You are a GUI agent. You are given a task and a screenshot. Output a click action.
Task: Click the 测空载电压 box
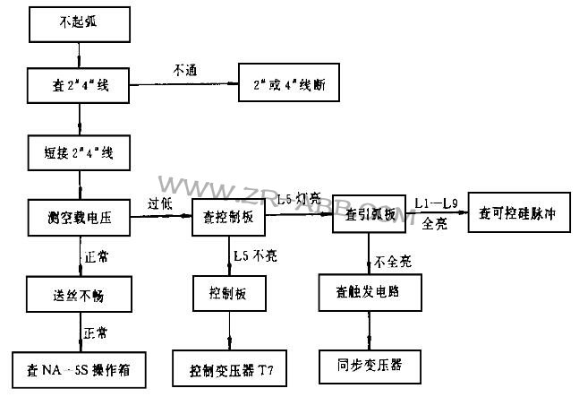click(81, 216)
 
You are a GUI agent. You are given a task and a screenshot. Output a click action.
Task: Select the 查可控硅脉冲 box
click(520, 216)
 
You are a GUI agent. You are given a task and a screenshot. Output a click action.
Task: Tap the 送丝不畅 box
click(81, 293)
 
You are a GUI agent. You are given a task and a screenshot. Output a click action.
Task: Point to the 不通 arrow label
click(185, 69)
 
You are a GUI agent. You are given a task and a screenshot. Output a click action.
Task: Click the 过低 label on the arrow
click(158, 204)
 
